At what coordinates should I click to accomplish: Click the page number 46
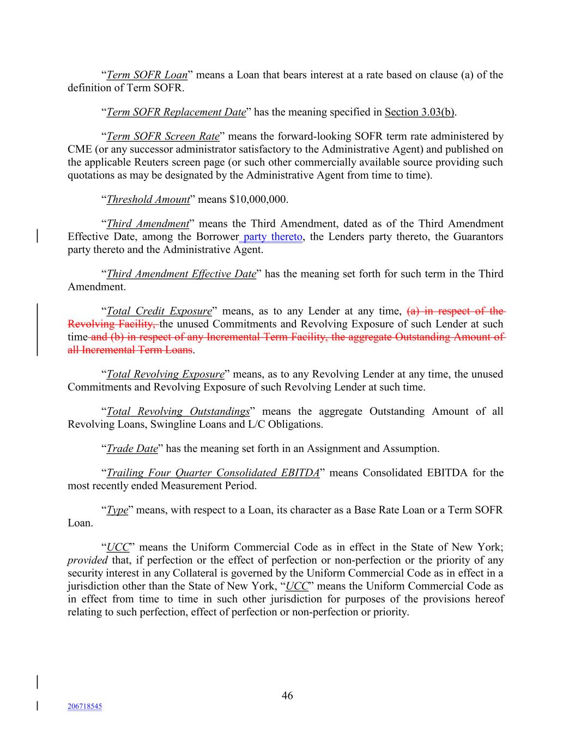[x=287, y=695]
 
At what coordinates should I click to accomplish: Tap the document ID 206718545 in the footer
[x=84, y=706]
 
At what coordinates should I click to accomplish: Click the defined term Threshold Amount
[x=148, y=199]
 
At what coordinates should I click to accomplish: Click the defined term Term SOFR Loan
[x=147, y=75]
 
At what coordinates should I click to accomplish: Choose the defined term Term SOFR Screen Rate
[x=162, y=136]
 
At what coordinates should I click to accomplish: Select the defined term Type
[x=117, y=510]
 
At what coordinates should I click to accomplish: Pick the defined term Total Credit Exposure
[x=159, y=311]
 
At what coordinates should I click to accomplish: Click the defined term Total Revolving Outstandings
[x=178, y=412]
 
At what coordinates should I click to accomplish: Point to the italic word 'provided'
[x=88, y=560]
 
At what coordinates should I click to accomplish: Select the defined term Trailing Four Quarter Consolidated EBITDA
[x=213, y=473]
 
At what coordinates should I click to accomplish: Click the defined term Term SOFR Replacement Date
[x=176, y=112]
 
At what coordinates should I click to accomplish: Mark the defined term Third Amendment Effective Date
[x=181, y=274]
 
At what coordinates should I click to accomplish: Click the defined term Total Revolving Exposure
[x=165, y=374]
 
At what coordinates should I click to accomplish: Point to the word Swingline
[x=177, y=425]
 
